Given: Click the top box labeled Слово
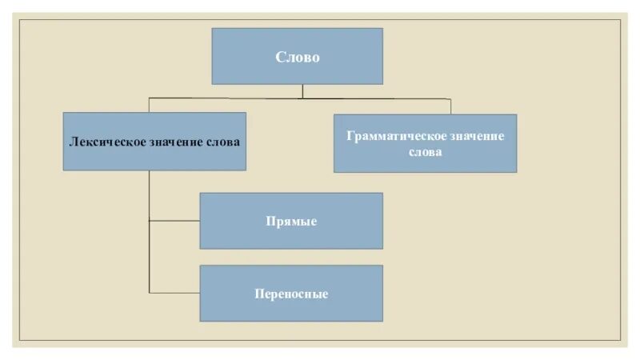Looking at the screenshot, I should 297,56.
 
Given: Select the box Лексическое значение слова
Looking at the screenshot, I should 154,141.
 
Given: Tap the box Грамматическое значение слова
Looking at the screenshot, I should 425,142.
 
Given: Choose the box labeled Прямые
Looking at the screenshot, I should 291,221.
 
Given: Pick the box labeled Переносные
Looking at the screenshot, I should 291,293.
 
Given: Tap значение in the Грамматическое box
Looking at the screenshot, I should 472,136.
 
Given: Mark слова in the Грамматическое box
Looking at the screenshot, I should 425,152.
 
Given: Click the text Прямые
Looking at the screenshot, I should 291,222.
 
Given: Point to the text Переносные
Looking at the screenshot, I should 291,294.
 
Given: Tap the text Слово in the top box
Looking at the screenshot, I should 297,57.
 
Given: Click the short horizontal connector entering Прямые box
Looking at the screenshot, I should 174,221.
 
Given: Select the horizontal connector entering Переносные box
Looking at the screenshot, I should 174,293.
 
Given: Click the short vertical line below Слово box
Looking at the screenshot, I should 302,91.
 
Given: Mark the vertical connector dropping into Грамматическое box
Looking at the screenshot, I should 450,106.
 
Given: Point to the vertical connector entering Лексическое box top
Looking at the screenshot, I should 150,105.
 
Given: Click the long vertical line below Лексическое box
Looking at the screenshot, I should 150,232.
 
